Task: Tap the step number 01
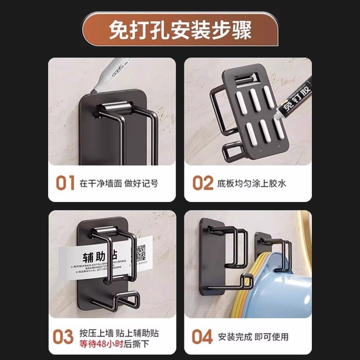65,184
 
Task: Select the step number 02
202,184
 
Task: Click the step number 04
202,337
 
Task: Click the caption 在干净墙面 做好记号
119,184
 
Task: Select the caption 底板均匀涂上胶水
252,184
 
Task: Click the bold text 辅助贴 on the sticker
94,257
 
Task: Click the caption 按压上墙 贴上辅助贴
119,333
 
